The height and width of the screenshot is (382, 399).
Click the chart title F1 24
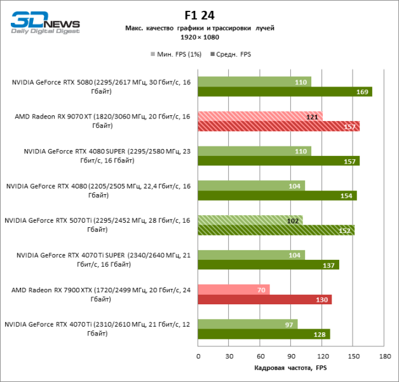click(x=199, y=15)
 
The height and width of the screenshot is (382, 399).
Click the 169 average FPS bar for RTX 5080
click(x=285, y=92)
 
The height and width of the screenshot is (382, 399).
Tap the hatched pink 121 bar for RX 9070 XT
click(x=260, y=117)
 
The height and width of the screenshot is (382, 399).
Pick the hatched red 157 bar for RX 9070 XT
click(x=278, y=126)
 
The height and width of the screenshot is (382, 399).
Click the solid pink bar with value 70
click(x=234, y=290)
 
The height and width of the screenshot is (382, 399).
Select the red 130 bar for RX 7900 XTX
click(x=265, y=299)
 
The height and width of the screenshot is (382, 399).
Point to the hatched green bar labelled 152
click(x=276, y=230)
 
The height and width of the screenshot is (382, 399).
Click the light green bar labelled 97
click(x=248, y=324)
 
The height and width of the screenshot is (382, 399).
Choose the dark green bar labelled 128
click(x=264, y=334)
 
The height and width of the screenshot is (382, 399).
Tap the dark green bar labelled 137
click(x=268, y=265)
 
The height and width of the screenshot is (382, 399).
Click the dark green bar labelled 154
click(x=277, y=195)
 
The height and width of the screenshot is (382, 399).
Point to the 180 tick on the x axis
click(x=384, y=356)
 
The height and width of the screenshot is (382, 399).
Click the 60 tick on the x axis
click(x=260, y=356)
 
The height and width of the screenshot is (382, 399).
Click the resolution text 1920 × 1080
click(x=199, y=38)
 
